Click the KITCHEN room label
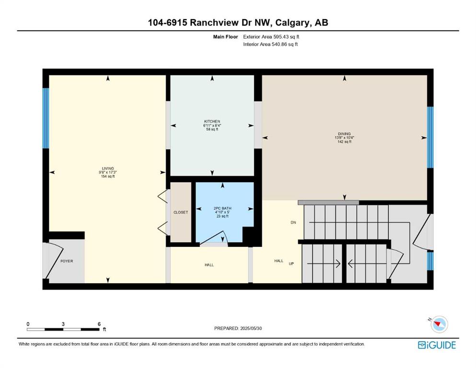tap(212, 121)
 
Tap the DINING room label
tap(344, 134)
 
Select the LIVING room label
tap(108, 168)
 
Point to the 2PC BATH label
tap(222, 208)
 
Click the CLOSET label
tap(181, 212)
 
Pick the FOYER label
tap(67, 261)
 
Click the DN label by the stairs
tap(293, 222)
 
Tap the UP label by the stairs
tap(291, 264)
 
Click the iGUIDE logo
tap(437, 345)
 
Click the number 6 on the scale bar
tap(99, 324)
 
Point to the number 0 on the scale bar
tap(28, 324)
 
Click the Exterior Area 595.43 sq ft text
tap(271, 37)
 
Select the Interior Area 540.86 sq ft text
tap(270, 44)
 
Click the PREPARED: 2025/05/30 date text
tap(238, 328)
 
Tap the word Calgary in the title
tap(293, 23)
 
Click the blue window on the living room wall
tap(46, 118)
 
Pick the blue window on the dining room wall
tap(430, 137)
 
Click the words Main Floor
tap(226, 37)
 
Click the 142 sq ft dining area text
tap(344, 142)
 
